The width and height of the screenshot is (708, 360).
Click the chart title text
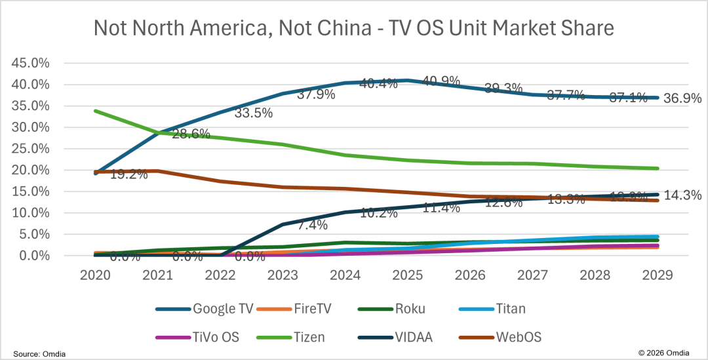tap(354, 28)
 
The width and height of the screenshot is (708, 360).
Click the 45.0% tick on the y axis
tap(31, 63)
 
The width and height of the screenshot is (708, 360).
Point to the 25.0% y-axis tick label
tap(31, 149)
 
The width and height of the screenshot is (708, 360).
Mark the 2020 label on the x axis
tap(95, 275)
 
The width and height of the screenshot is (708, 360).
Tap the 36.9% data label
tap(683, 98)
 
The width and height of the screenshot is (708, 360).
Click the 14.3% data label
tap(683, 195)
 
